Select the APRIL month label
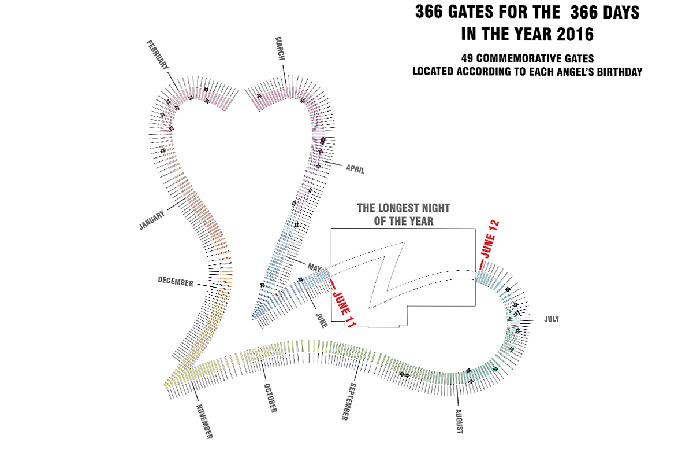(x=355, y=169)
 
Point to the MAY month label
(x=314, y=267)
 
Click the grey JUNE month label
(x=321, y=319)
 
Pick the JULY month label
(x=552, y=319)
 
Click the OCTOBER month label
(x=270, y=398)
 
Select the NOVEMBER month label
(x=204, y=421)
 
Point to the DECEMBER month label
(x=175, y=282)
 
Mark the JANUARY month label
(x=152, y=220)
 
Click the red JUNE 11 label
(x=343, y=306)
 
